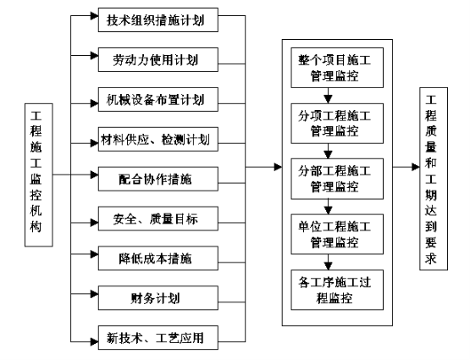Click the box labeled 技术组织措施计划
click(158, 20)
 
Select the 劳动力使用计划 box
click(158, 59)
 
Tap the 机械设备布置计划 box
click(158, 99)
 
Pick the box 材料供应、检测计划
click(158, 140)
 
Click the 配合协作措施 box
click(158, 179)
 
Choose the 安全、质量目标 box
click(158, 219)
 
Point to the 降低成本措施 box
click(158, 258)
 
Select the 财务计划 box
click(158, 298)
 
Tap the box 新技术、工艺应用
click(158, 337)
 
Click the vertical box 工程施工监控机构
click(39, 175)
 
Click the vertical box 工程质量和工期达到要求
click(434, 179)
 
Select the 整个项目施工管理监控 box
click(337, 68)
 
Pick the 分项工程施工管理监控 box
click(337, 124)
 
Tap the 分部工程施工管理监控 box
click(337, 179)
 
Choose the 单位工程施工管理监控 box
click(337, 235)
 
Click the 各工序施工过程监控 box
click(337, 290)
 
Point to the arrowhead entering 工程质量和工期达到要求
click(416, 167)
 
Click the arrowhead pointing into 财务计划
click(94, 294)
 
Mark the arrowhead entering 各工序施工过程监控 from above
click(329, 266)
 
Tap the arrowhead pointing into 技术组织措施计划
click(94, 16)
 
